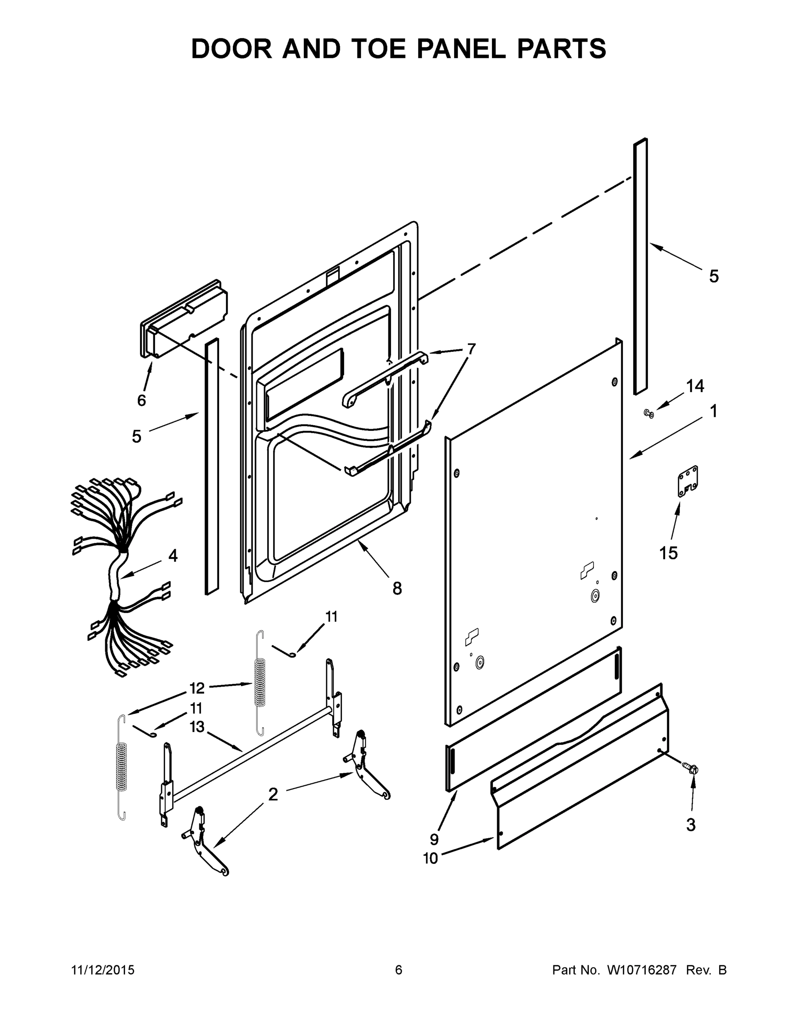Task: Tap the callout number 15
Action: pyautogui.click(x=669, y=553)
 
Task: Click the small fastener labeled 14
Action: pyautogui.click(x=649, y=414)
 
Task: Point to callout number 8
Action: pyautogui.click(x=397, y=588)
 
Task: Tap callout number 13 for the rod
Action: pyautogui.click(x=197, y=726)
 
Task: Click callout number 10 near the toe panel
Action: pyautogui.click(x=431, y=858)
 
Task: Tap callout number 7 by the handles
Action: pyautogui.click(x=471, y=349)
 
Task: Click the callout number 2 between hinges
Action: pyautogui.click(x=273, y=794)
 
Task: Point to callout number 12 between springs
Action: pyautogui.click(x=197, y=688)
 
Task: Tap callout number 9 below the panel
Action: pyautogui.click(x=434, y=839)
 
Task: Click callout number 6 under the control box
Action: pyautogui.click(x=142, y=400)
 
